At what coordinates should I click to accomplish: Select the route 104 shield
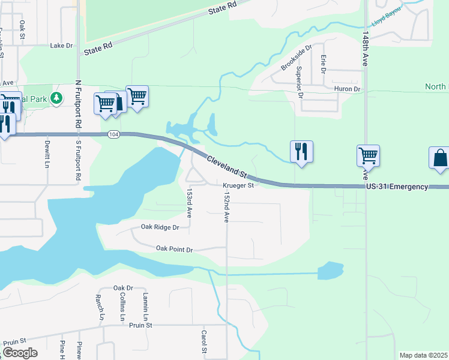[x=114, y=134]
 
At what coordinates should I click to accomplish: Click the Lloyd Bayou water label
[x=386, y=21]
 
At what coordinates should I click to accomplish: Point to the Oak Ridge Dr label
[x=160, y=227]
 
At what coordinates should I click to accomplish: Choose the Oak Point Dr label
[x=174, y=249]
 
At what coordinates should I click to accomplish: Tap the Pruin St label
[x=141, y=325]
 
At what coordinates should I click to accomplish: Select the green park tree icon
[x=56, y=97]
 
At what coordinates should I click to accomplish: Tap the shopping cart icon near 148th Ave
[x=367, y=155]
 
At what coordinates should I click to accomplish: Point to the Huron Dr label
[x=347, y=89]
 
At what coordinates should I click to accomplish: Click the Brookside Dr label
[x=297, y=57]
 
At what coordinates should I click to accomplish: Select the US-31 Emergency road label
[x=397, y=187]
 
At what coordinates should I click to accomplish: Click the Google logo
[x=20, y=353]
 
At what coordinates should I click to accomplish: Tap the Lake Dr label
[x=61, y=45]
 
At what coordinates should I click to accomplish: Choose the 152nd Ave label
[x=226, y=208]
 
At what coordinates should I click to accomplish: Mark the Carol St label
[x=204, y=341]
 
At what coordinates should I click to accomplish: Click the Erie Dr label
[x=323, y=63]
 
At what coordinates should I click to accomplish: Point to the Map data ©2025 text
[x=423, y=355]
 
